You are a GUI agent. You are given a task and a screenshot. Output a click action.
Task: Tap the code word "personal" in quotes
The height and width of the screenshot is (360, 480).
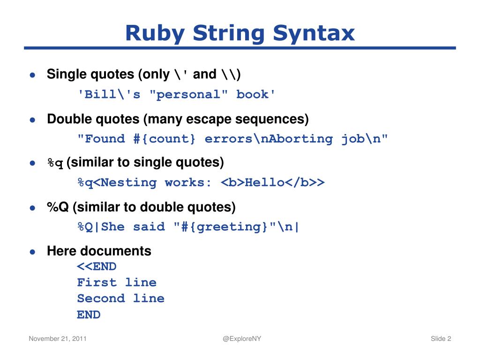[x=189, y=95]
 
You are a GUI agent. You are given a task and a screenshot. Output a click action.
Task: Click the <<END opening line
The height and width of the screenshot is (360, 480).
[x=97, y=267]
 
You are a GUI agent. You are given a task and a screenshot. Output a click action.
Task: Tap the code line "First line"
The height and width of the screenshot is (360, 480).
[x=117, y=282]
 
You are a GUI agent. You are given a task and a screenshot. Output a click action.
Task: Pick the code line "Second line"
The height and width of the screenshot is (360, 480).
[x=120, y=298]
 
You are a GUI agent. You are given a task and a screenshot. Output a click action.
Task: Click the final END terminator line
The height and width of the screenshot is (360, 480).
[x=89, y=315]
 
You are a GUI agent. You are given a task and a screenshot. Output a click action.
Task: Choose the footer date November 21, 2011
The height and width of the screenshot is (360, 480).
[x=57, y=339]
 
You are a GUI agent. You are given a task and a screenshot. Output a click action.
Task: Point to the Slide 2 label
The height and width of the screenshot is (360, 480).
[x=441, y=339]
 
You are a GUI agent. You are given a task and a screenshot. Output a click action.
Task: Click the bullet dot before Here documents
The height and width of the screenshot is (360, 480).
[x=32, y=252]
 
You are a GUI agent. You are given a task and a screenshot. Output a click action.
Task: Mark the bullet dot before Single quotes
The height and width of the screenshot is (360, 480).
[x=32, y=75]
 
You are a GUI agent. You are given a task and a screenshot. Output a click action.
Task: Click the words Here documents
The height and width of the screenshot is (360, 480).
[x=99, y=251]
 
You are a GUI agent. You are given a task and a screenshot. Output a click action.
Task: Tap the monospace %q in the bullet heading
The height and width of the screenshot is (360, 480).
[x=55, y=164]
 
